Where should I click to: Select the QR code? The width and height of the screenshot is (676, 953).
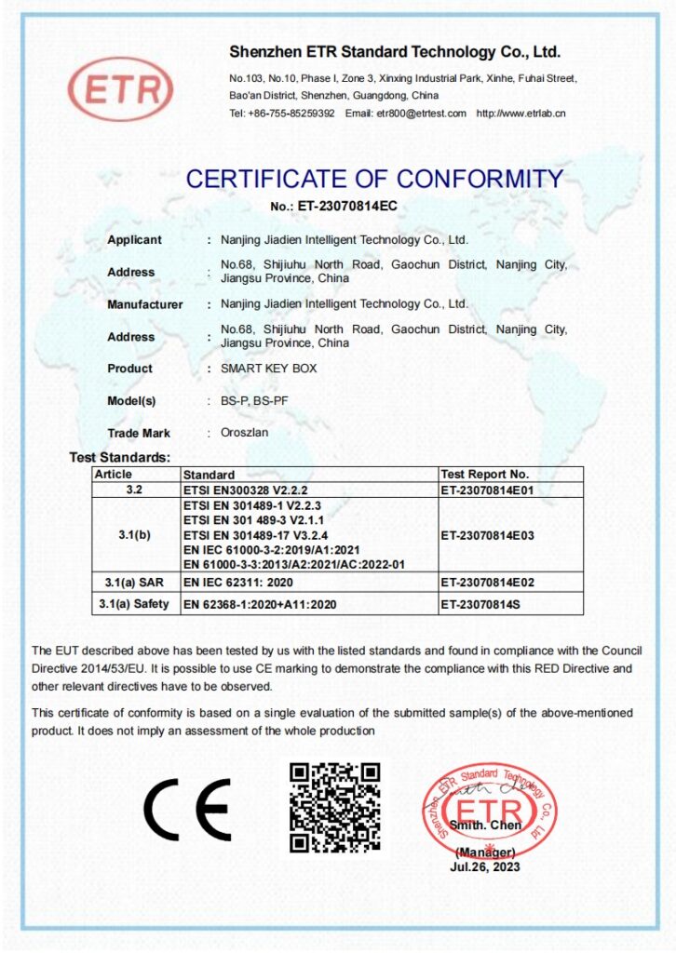334,807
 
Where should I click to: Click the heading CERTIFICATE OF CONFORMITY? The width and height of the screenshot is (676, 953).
374,178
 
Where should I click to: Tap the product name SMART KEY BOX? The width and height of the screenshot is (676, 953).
268,369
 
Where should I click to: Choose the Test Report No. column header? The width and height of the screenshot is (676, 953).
482,475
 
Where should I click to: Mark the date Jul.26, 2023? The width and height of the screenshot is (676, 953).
484,867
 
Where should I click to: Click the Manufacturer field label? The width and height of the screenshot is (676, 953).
144,304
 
